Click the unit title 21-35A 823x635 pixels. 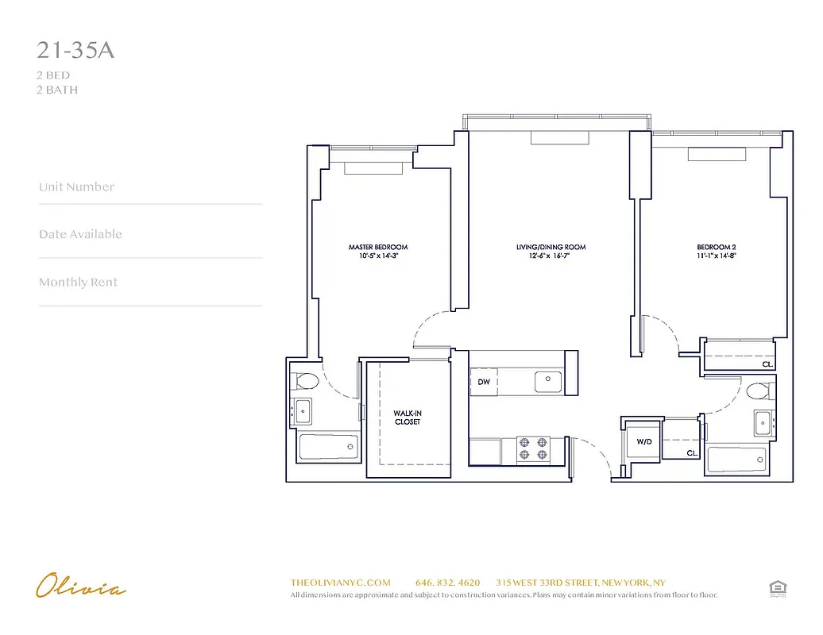(75, 50)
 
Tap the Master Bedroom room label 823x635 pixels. (378, 252)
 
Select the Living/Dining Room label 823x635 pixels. (551, 252)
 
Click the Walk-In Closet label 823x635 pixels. (407, 418)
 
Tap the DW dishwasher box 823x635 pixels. (483, 382)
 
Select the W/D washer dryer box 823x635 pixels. (643, 441)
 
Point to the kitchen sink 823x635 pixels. (547, 380)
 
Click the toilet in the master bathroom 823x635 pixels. (305, 383)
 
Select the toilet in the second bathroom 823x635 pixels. (759, 391)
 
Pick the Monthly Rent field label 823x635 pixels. (78, 283)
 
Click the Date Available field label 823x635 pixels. (80, 234)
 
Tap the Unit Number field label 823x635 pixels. (76, 187)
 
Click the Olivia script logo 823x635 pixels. (80, 587)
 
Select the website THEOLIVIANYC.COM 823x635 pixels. (341, 583)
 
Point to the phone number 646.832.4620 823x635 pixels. (447, 583)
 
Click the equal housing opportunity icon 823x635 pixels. (776, 587)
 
